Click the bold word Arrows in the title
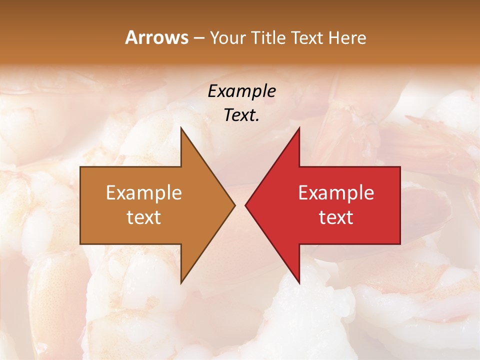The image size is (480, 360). pyautogui.click(x=156, y=37)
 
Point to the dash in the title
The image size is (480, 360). pyautogui.click(x=198, y=38)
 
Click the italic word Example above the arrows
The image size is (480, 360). pyautogui.click(x=241, y=91)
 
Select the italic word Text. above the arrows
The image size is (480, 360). pyautogui.click(x=241, y=115)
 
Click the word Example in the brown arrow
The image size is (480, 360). pyautogui.click(x=144, y=193)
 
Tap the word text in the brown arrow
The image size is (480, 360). pyautogui.click(x=144, y=217)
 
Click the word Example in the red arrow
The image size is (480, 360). pyautogui.click(x=336, y=193)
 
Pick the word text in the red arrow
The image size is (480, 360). pyautogui.click(x=336, y=217)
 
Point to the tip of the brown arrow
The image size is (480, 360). pyautogui.click(x=234, y=205)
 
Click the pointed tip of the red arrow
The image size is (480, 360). pyautogui.click(x=245, y=205)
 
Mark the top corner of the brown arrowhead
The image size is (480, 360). pyautogui.click(x=181, y=128)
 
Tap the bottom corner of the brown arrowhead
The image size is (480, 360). pyautogui.click(x=181, y=283)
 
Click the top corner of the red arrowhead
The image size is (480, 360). pyautogui.click(x=299, y=128)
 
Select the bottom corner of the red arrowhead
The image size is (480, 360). pyautogui.click(x=299, y=283)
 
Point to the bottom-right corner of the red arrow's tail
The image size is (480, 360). pyautogui.click(x=400, y=244)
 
